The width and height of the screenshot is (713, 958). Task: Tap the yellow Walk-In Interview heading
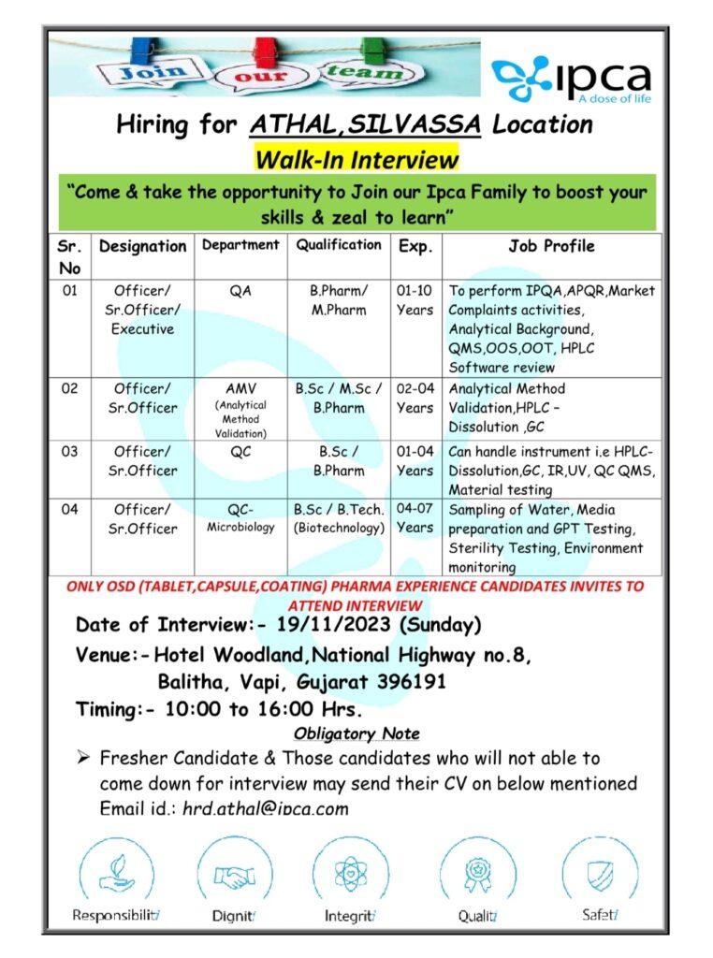pos(356,158)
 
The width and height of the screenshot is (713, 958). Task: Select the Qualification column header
pos(339,245)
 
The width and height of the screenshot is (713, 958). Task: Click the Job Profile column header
pos(551,246)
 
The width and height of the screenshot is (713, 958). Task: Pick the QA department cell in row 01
pos(240,291)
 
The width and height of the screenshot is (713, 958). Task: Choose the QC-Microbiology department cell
pos(240,517)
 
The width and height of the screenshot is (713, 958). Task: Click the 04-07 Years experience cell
pos(415,517)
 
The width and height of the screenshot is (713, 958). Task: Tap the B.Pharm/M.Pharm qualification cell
pos(339,300)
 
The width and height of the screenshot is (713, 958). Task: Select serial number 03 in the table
pos(71,452)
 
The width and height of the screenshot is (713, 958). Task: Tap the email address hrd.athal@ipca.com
pos(266,808)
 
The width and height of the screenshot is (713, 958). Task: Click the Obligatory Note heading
pos(356,733)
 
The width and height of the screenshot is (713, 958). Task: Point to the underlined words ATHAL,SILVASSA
pos(365,124)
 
